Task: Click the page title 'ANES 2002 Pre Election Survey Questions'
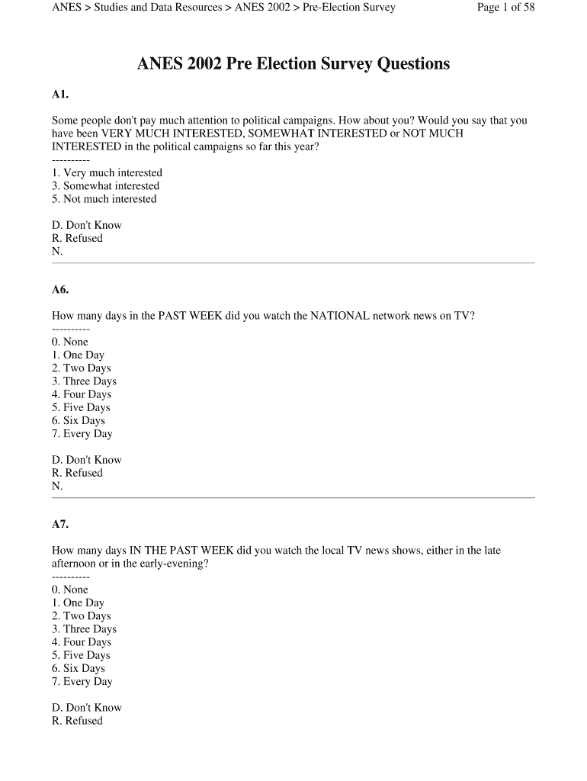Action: point(293,64)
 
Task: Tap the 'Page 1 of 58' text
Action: point(505,8)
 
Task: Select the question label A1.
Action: point(60,95)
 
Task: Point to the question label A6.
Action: point(60,290)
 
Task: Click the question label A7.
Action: point(60,524)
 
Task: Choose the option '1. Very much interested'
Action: point(107,173)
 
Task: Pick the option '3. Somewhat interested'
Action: point(105,186)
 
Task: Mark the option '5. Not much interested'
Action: point(104,199)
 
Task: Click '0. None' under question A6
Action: point(70,342)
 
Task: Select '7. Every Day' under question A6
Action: point(82,434)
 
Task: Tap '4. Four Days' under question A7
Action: point(82,642)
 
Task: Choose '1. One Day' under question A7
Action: point(78,603)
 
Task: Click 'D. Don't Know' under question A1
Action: point(86,226)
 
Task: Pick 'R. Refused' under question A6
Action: point(77,473)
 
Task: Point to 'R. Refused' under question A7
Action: point(77,721)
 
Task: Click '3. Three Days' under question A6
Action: point(84,381)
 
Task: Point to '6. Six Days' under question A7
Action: point(79,669)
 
